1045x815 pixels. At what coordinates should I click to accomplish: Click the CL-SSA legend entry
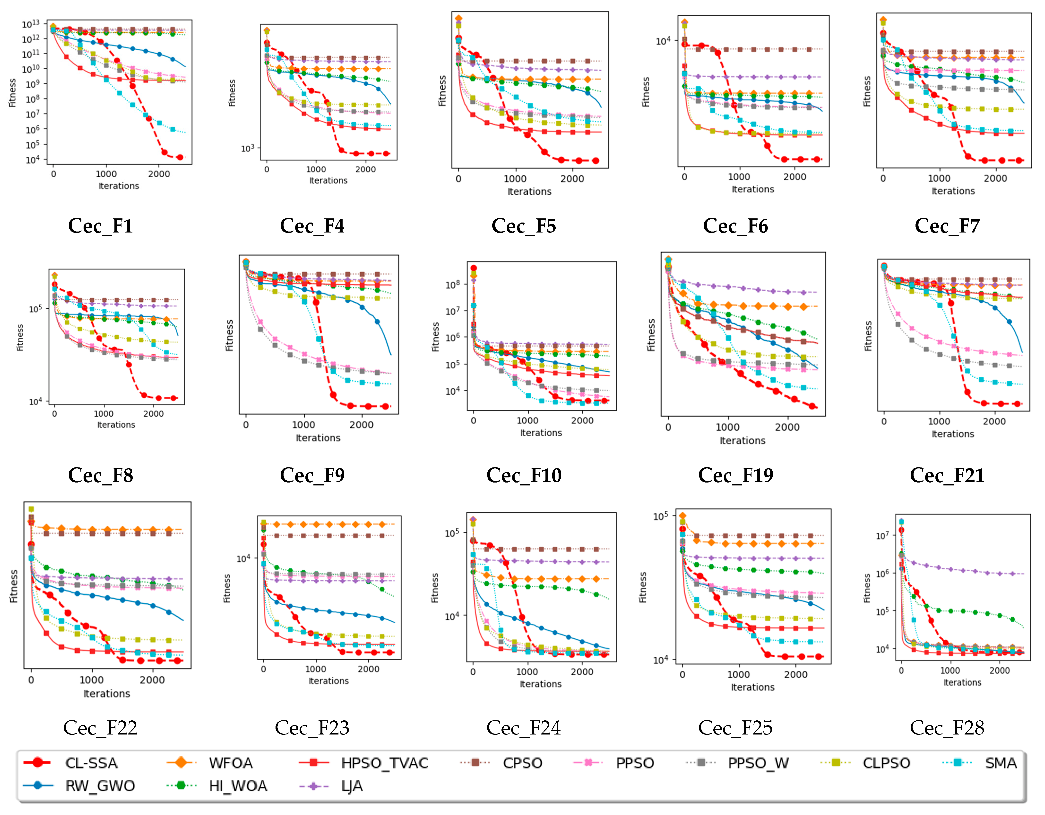(91, 763)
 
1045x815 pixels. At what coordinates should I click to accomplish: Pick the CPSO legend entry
(522, 763)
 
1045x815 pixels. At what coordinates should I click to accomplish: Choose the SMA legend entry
(1001, 763)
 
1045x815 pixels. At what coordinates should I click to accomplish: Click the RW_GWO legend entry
(100, 786)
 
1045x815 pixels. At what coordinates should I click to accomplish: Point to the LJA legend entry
(352, 786)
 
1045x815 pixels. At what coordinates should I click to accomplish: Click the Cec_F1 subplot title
(101, 225)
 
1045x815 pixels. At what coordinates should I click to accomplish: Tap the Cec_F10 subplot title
(524, 475)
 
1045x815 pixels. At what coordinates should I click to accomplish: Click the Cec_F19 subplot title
(735, 475)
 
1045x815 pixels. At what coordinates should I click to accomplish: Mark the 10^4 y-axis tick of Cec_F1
(33, 160)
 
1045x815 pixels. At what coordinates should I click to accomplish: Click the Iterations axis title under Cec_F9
(318, 438)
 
